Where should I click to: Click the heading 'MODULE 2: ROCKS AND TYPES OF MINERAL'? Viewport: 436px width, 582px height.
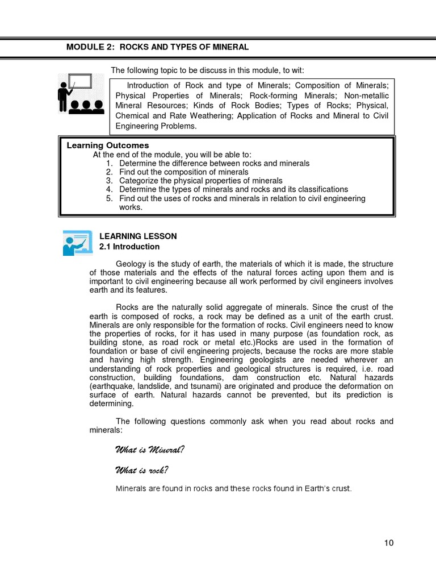[x=157, y=47]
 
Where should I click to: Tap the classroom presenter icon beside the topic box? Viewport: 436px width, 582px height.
[x=80, y=93]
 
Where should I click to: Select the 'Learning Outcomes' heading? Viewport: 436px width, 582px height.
[x=108, y=145]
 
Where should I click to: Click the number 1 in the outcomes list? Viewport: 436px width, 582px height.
[x=109, y=163]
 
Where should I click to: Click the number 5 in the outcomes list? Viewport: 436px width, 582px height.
[x=109, y=198]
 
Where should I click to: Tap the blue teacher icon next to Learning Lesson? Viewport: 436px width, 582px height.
[x=77, y=242]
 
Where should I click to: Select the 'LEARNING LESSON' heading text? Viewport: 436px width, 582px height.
[x=138, y=236]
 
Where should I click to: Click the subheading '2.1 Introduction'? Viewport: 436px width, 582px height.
[x=129, y=247]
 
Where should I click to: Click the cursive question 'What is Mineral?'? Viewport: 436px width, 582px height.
[x=150, y=450]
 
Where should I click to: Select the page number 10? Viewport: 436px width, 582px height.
[x=388, y=543]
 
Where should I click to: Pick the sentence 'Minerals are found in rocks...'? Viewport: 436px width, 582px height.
[x=233, y=489]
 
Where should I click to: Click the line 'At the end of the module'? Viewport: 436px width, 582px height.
[x=171, y=155]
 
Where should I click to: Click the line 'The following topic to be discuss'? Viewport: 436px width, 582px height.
[x=207, y=70]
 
